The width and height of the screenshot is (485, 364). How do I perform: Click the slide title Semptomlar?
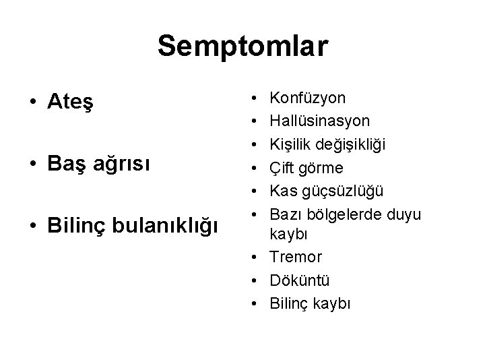pos(243,47)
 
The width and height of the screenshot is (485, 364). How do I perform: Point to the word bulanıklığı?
pos(168,224)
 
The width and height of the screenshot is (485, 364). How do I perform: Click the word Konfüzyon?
pos(307,98)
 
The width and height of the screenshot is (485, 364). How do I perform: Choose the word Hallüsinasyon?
pos(319,121)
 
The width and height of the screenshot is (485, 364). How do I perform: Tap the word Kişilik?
pos(290,144)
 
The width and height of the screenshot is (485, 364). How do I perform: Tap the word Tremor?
pos(295,257)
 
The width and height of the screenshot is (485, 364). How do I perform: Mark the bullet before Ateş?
pos(32,102)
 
